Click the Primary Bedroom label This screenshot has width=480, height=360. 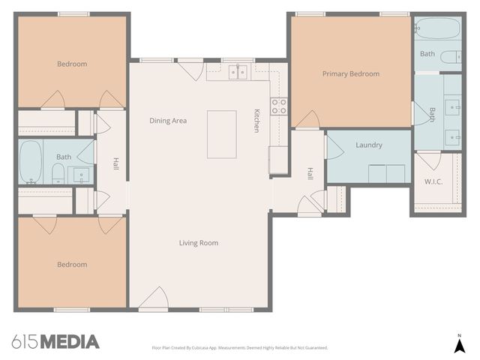point(351,73)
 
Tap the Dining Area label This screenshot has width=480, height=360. point(168,121)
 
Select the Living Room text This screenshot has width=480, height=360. point(199,243)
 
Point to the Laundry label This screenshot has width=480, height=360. point(369,145)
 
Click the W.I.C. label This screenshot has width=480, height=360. point(433,181)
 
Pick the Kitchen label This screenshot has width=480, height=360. point(256,121)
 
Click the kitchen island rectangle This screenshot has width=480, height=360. point(222,134)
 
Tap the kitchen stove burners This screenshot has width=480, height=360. point(279,106)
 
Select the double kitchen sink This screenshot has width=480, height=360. point(238,72)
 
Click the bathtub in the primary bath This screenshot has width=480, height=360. point(438,28)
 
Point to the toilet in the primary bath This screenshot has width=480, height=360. point(451,57)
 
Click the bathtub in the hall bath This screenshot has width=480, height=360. point(30,162)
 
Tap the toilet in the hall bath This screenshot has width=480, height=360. point(58,173)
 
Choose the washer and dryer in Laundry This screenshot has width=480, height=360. point(387,173)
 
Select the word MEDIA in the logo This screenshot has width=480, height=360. point(70,342)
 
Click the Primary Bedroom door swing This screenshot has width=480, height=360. point(308,118)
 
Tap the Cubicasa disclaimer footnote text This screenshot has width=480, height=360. point(240,348)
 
